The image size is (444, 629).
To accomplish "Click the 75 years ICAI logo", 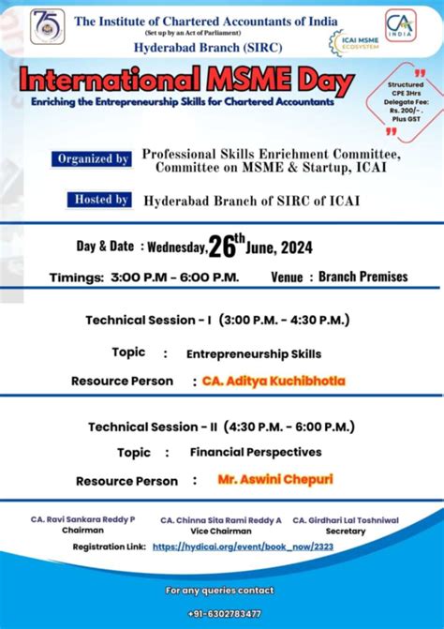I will pos(47,26).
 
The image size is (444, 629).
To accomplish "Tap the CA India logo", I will pos(401,24).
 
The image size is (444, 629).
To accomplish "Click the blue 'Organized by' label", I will pos(93,159).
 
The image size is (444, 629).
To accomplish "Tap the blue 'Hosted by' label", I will pos(99,200).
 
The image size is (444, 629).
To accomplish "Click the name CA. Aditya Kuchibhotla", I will pos(274,381).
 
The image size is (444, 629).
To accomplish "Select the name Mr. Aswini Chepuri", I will pos(274,479).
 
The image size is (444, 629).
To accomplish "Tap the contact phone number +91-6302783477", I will pos(222,613).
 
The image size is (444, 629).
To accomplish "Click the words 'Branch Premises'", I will pos(363,277).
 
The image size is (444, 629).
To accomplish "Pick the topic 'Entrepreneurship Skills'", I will pos(254,354).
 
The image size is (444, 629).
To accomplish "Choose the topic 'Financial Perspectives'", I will pos(256,452).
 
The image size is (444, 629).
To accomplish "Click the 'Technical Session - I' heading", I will pos(217,320).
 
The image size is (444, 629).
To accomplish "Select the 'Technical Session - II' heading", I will pos(219,427).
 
